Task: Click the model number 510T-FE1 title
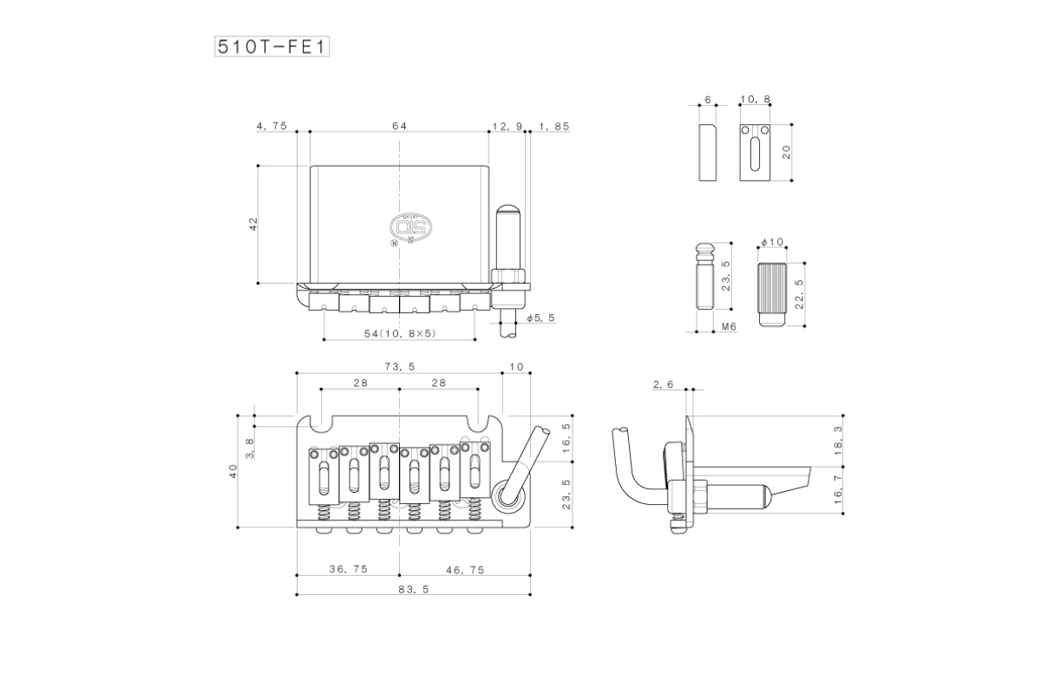(x=272, y=47)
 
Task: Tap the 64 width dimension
(x=399, y=126)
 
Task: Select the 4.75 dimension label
(x=272, y=126)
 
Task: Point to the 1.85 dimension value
(x=554, y=127)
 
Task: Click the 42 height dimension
(x=253, y=224)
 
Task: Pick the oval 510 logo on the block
(x=410, y=227)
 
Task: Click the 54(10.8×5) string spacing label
(x=400, y=333)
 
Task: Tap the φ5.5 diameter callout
(x=541, y=318)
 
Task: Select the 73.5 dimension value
(x=399, y=367)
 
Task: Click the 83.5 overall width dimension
(x=413, y=589)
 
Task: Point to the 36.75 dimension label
(x=348, y=569)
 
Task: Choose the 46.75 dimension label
(x=465, y=570)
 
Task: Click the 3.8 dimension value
(x=250, y=448)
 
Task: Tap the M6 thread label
(x=730, y=327)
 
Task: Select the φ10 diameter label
(x=772, y=242)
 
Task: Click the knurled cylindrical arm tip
(x=772, y=294)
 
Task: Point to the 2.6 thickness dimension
(x=663, y=384)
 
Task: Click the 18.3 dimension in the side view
(x=837, y=441)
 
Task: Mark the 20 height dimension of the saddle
(x=786, y=152)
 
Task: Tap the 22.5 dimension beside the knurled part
(x=799, y=294)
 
